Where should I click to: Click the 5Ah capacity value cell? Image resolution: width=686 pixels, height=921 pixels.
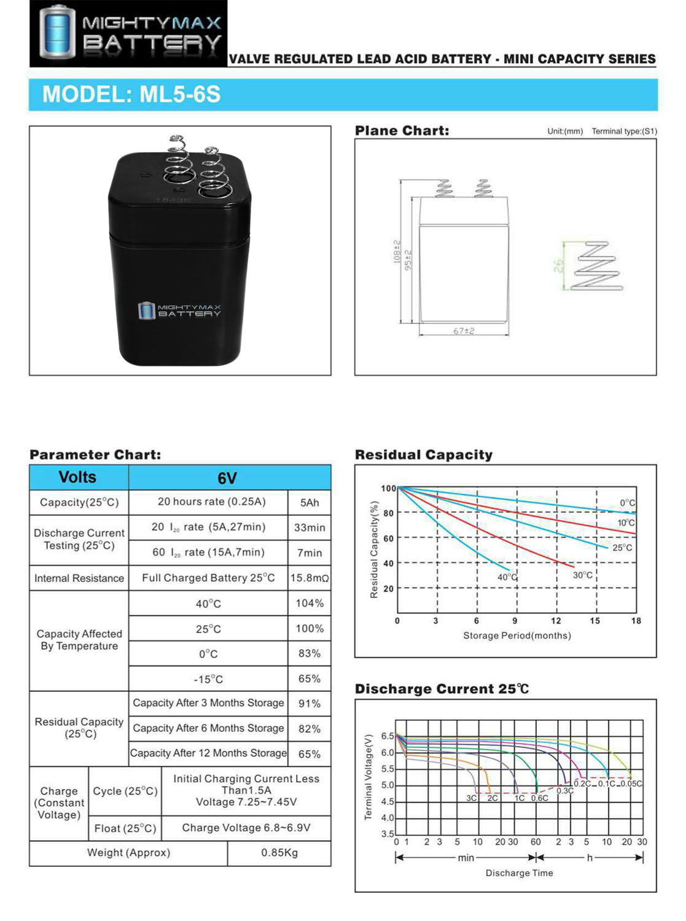310,503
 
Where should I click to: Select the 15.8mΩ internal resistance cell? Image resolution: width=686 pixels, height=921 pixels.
310,578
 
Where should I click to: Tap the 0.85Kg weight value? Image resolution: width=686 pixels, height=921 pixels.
279,853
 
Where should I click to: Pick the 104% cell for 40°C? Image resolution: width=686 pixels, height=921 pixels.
310,604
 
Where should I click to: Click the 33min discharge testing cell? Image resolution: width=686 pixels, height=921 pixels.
310,527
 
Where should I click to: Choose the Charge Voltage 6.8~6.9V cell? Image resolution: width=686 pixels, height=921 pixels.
246,828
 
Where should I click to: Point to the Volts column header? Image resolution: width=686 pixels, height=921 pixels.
77,477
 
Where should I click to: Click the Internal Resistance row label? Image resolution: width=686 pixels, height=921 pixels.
79,578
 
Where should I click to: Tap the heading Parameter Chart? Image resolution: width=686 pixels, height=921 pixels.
95,455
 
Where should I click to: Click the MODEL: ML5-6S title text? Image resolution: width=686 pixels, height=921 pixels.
131,95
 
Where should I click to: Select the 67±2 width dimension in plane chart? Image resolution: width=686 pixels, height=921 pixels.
464,331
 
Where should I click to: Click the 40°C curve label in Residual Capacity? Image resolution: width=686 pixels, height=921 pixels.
507,577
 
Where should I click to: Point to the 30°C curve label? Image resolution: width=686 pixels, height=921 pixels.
583,575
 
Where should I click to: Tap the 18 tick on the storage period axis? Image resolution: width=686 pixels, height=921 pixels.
636,621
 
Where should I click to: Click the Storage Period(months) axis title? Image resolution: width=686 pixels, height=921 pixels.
517,635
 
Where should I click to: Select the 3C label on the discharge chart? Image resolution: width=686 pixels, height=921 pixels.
471,798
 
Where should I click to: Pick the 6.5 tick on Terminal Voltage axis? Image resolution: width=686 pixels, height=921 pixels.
388,736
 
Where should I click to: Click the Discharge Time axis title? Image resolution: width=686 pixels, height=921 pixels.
519,873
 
